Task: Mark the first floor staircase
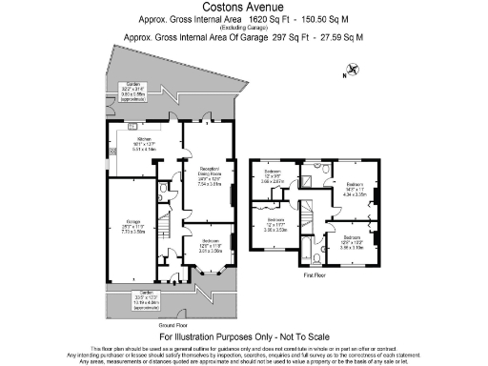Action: pos(307,211)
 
